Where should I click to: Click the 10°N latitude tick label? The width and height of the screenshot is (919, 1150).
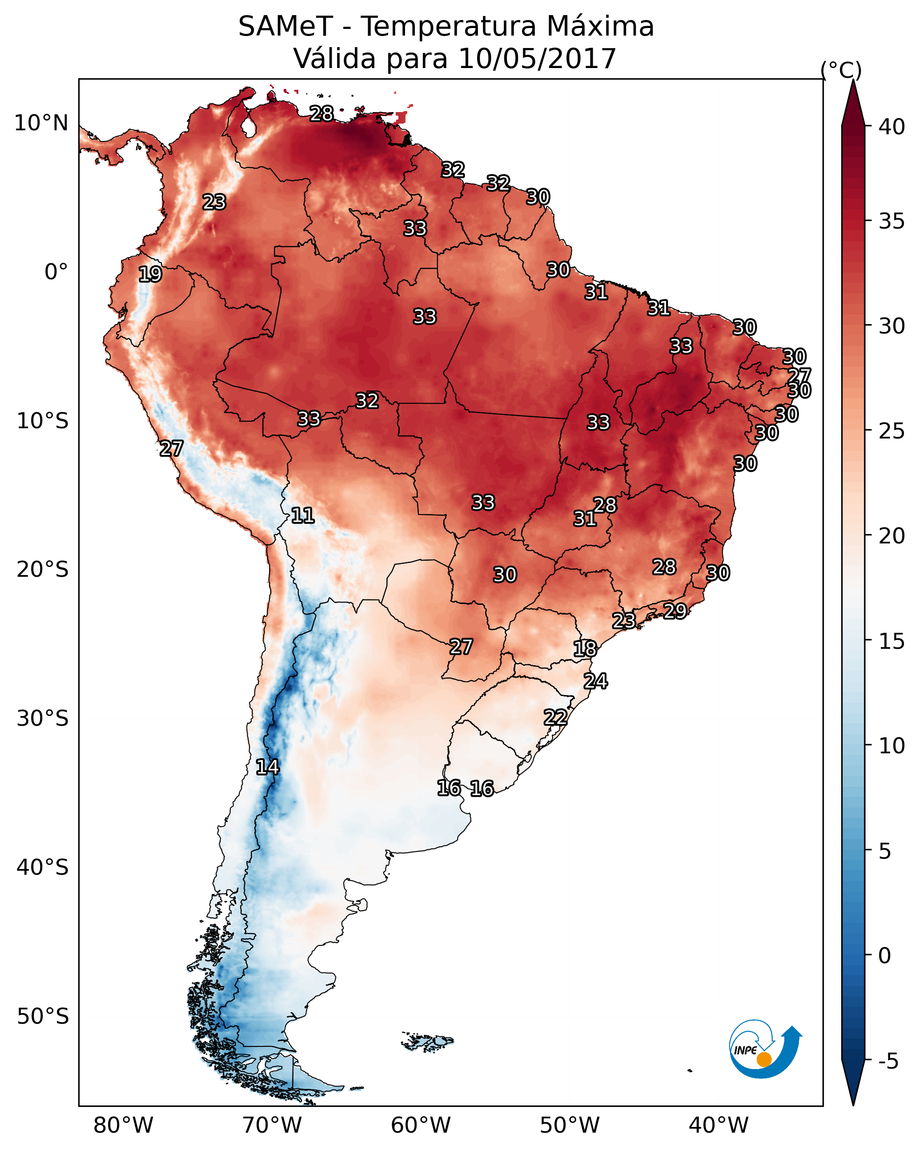[41, 123]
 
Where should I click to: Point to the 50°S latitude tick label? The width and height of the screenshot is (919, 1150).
[43, 1017]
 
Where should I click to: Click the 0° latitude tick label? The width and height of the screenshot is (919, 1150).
[56, 272]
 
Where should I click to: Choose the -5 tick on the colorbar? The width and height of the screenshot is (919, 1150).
[888, 1061]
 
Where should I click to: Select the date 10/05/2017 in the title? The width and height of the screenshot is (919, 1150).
[537, 59]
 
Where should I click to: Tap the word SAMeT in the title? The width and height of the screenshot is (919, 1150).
[285, 27]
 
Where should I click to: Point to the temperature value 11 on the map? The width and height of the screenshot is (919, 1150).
[303, 516]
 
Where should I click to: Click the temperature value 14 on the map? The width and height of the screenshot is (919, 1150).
[267, 768]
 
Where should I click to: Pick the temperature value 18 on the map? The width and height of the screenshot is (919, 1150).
[585, 649]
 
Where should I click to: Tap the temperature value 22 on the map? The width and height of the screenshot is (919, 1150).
[555, 717]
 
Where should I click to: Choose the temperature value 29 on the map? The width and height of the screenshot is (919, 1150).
[675, 611]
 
